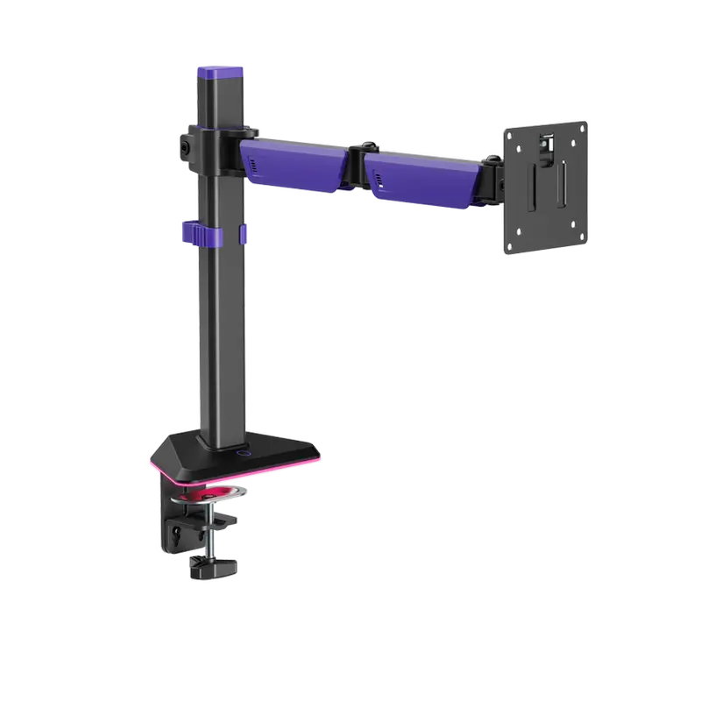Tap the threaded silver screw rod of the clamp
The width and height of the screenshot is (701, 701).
click(x=211, y=535)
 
